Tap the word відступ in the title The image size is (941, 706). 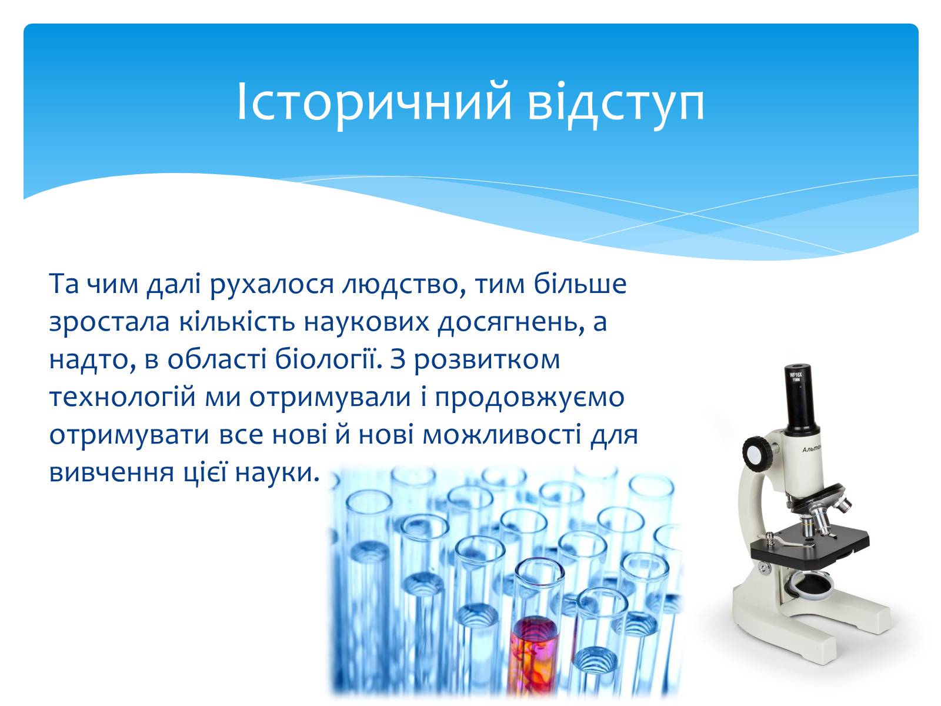pyautogui.click(x=616, y=103)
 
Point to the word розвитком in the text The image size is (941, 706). pyautogui.click(x=487, y=361)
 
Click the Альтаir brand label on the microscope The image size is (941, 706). pyautogui.click(x=811, y=449)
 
